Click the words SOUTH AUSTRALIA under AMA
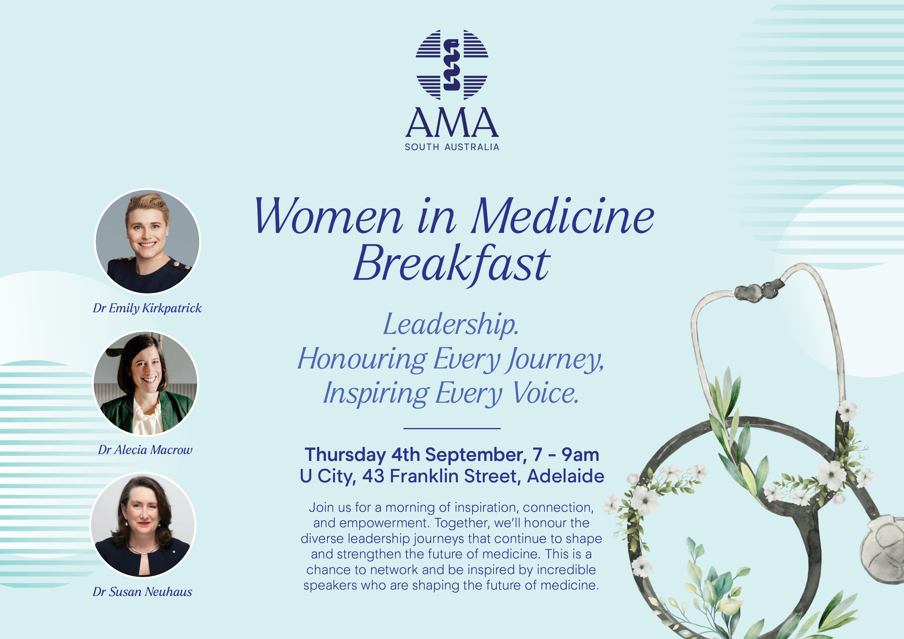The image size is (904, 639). click(452, 147)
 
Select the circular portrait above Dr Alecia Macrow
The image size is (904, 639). click(145, 383)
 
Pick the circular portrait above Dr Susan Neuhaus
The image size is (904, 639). click(143, 525)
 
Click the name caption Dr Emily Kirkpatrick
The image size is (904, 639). click(147, 308)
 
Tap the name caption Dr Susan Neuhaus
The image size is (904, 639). click(143, 592)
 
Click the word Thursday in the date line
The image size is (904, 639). click(345, 455)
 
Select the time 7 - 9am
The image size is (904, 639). click(566, 455)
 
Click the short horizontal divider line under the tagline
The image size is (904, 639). click(452, 428)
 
